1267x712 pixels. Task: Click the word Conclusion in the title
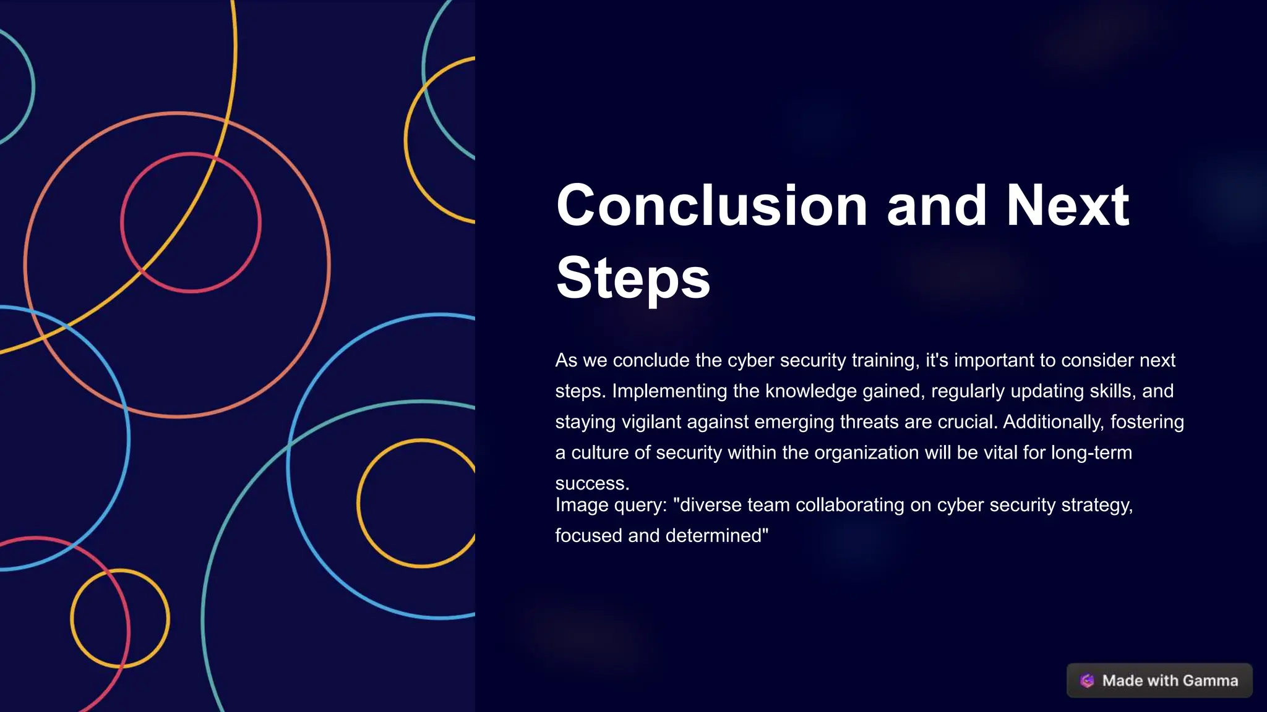[712, 206]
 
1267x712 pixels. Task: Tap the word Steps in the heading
[633, 279]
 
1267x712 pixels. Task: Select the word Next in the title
[1068, 206]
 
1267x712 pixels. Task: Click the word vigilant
[651, 422]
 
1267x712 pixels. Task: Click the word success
[591, 483]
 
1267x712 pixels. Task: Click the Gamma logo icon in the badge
[1087, 680]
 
